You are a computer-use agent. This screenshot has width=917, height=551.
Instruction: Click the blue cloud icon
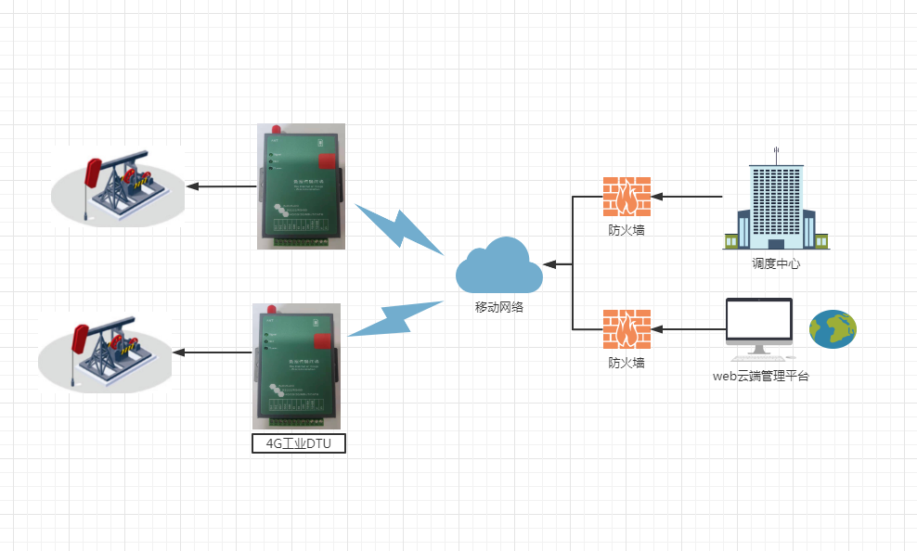click(x=498, y=266)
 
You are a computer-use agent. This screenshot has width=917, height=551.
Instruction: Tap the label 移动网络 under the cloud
click(x=499, y=307)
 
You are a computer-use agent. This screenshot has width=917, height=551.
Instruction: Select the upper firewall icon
click(x=626, y=197)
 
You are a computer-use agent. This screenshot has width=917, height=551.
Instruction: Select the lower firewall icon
click(x=626, y=328)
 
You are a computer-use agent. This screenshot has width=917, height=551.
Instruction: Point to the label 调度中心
click(x=776, y=263)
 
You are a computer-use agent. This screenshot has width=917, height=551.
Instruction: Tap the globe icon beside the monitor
click(x=833, y=328)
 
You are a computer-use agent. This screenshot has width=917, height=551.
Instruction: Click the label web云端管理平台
click(x=760, y=376)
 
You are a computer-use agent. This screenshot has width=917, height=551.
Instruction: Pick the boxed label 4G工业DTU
click(x=299, y=443)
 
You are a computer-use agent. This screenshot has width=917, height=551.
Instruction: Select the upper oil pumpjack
click(x=118, y=186)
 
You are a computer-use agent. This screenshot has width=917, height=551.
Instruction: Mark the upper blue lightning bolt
click(x=400, y=228)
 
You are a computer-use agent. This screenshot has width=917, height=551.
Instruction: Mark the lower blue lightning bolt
click(x=394, y=318)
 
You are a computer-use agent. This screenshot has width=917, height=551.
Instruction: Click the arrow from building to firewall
click(x=687, y=197)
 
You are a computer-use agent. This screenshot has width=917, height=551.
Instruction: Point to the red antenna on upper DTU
click(x=277, y=129)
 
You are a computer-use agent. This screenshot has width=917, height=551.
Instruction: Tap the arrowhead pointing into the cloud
click(x=549, y=265)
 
